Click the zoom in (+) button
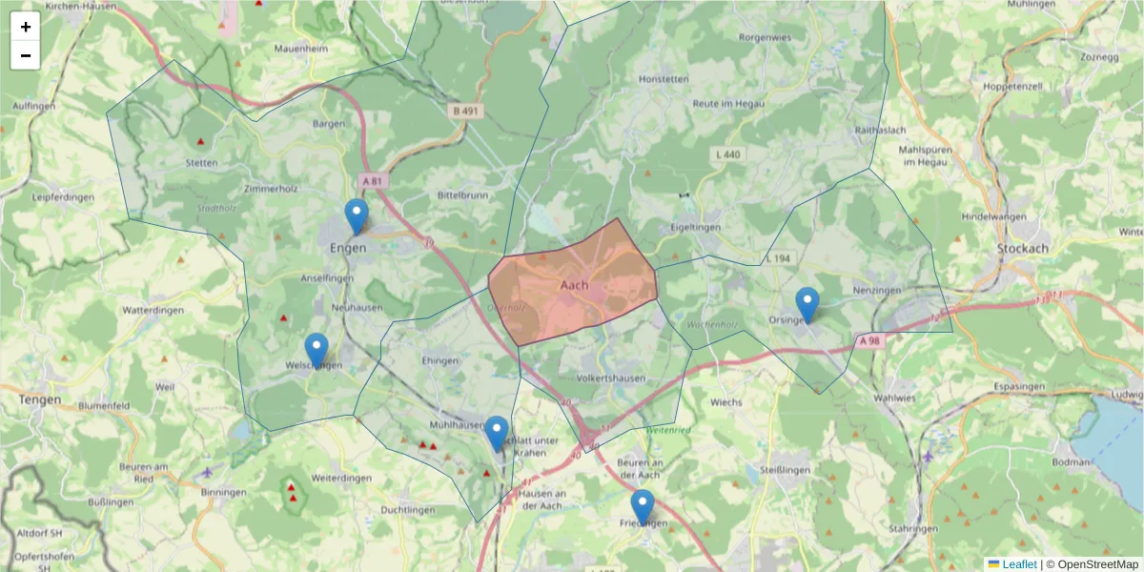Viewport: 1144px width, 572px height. click(26, 27)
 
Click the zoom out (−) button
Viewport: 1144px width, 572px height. click(26, 55)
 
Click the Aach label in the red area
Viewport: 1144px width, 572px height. click(574, 284)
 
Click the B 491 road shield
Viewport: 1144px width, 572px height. click(467, 112)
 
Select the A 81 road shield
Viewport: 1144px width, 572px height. click(372, 180)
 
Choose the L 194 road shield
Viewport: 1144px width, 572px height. click(778, 259)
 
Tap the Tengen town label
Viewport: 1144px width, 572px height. click(39, 399)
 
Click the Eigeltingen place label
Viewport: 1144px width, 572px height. click(696, 227)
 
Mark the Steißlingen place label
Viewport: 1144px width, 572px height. click(784, 469)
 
